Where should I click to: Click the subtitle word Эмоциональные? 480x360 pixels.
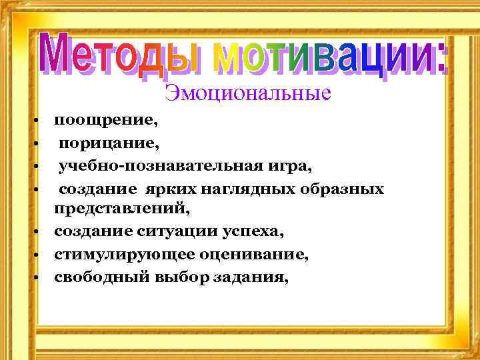tap(247, 93)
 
